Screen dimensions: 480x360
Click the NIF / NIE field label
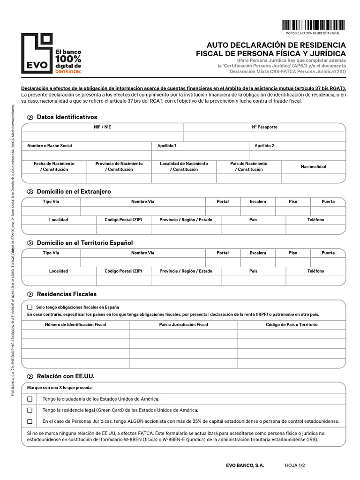(102, 127)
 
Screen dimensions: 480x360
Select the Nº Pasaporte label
(264, 127)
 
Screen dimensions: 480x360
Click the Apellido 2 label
(264, 146)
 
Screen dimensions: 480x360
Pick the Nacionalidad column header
(313, 166)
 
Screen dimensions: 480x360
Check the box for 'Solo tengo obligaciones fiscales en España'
(30, 307)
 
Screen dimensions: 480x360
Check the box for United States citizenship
(30, 399)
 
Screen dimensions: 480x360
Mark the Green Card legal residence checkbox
(30, 410)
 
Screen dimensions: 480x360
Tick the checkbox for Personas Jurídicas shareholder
(30, 421)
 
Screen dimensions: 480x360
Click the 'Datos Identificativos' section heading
(67, 117)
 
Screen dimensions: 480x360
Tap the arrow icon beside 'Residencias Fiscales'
(30, 294)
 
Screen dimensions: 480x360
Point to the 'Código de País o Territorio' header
(292, 324)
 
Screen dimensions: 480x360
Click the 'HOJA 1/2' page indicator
(295, 465)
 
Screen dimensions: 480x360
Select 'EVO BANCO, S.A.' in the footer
(245, 465)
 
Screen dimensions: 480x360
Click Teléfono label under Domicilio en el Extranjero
(315, 219)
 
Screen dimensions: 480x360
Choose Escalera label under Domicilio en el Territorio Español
(257, 253)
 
